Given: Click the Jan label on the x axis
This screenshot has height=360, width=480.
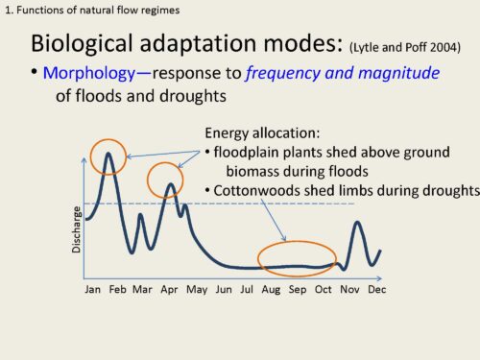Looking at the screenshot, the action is (92, 290).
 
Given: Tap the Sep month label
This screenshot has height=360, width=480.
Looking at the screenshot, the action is (298, 290).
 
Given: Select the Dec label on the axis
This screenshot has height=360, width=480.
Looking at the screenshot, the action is (377, 290).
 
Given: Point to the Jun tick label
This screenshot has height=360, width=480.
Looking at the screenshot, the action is (224, 290).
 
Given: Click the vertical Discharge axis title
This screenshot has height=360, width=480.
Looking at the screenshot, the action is (76, 229).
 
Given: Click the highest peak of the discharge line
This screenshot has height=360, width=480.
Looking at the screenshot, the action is (108, 154).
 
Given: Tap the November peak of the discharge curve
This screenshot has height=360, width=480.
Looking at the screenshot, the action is (357, 222).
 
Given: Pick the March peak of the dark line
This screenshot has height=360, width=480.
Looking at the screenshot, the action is (140, 215).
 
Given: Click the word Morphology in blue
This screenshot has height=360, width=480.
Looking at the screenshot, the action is (89, 74).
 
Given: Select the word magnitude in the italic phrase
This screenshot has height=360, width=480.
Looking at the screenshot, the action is (398, 73).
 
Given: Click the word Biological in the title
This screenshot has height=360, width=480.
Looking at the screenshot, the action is (82, 44).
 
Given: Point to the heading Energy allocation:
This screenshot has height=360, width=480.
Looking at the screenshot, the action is (262, 133).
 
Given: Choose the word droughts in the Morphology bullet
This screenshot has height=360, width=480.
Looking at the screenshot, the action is (193, 96).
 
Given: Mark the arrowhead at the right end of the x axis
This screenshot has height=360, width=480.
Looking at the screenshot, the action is (379, 278).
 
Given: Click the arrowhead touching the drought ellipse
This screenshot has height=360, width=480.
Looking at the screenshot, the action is (284, 238).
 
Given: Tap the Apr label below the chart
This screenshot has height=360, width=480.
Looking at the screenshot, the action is (169, 290).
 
